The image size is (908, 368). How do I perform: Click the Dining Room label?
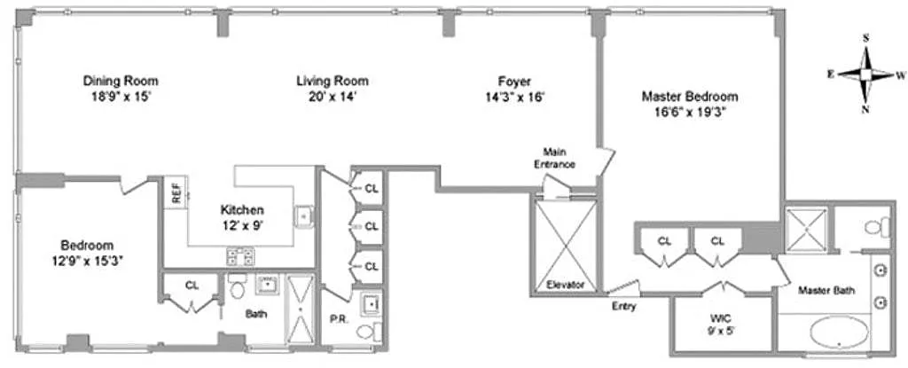click(121, 81)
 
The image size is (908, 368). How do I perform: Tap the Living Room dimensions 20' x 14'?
click(333, 97)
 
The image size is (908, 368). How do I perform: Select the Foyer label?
click(515, 81)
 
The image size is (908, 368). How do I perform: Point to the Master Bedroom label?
click(690, 96)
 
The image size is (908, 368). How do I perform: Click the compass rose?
click(865, 74)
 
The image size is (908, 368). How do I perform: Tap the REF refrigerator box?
click(176, 191)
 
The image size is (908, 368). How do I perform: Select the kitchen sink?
click(303, 215)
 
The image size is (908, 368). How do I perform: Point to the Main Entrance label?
click(559, 158)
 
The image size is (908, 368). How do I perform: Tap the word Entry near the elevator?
click(623, 306)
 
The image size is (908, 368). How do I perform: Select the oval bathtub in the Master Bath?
click(839, 333)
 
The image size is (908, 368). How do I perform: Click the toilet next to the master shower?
click(878, 226)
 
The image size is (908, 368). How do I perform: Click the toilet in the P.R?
click(368, 332)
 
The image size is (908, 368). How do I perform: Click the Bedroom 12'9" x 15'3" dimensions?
click(87, 261)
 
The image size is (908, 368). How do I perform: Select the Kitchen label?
click(242, 209)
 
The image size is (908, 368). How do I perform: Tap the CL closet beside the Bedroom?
click(192, 285)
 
